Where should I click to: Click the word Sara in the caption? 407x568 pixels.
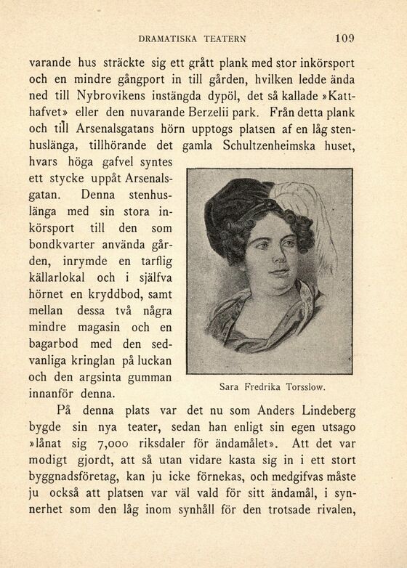point(229,387)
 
